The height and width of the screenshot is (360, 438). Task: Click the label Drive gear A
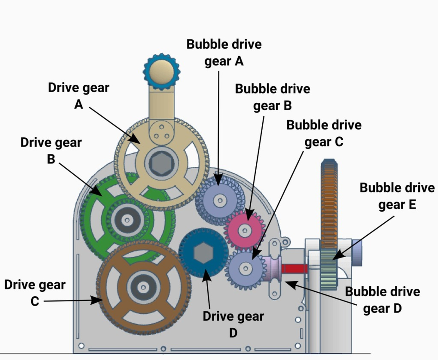[78, 96]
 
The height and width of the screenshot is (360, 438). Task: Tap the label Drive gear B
[51, 151]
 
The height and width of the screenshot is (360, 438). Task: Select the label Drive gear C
[35, 293]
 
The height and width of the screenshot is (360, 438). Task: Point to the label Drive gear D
[233, 324]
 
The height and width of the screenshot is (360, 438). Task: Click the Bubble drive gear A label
[224, 53]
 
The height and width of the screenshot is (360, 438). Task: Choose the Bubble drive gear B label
[272, 97]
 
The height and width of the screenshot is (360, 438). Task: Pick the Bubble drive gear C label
[324, 133]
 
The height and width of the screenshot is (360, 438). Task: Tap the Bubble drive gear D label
[382, 300]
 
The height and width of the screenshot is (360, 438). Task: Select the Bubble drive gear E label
[397, 196]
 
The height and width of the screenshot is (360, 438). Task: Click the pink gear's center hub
[245, 231]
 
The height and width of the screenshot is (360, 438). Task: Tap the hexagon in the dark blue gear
[203, 253]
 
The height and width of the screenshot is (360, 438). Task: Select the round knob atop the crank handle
[161, 71]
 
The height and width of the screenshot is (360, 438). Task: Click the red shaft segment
[294, 269]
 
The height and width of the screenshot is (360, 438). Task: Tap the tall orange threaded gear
[329, 202]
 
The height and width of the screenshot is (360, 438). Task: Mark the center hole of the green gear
[127, 220]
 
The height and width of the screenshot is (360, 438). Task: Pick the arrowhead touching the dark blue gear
[206, 275]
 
